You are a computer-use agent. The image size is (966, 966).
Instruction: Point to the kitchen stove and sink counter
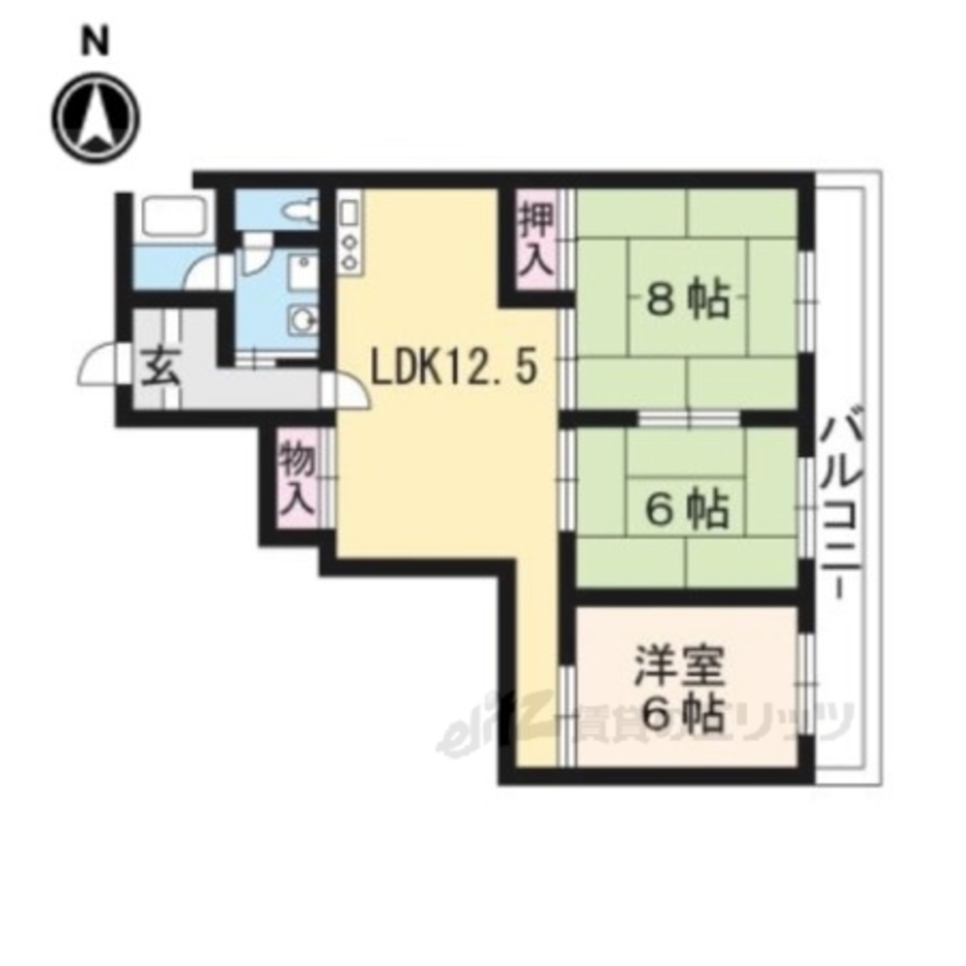tap(349, 233)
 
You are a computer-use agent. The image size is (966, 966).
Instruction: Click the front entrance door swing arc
tap(97, 365)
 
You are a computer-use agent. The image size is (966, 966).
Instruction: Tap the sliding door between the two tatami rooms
tap(689, 418)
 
